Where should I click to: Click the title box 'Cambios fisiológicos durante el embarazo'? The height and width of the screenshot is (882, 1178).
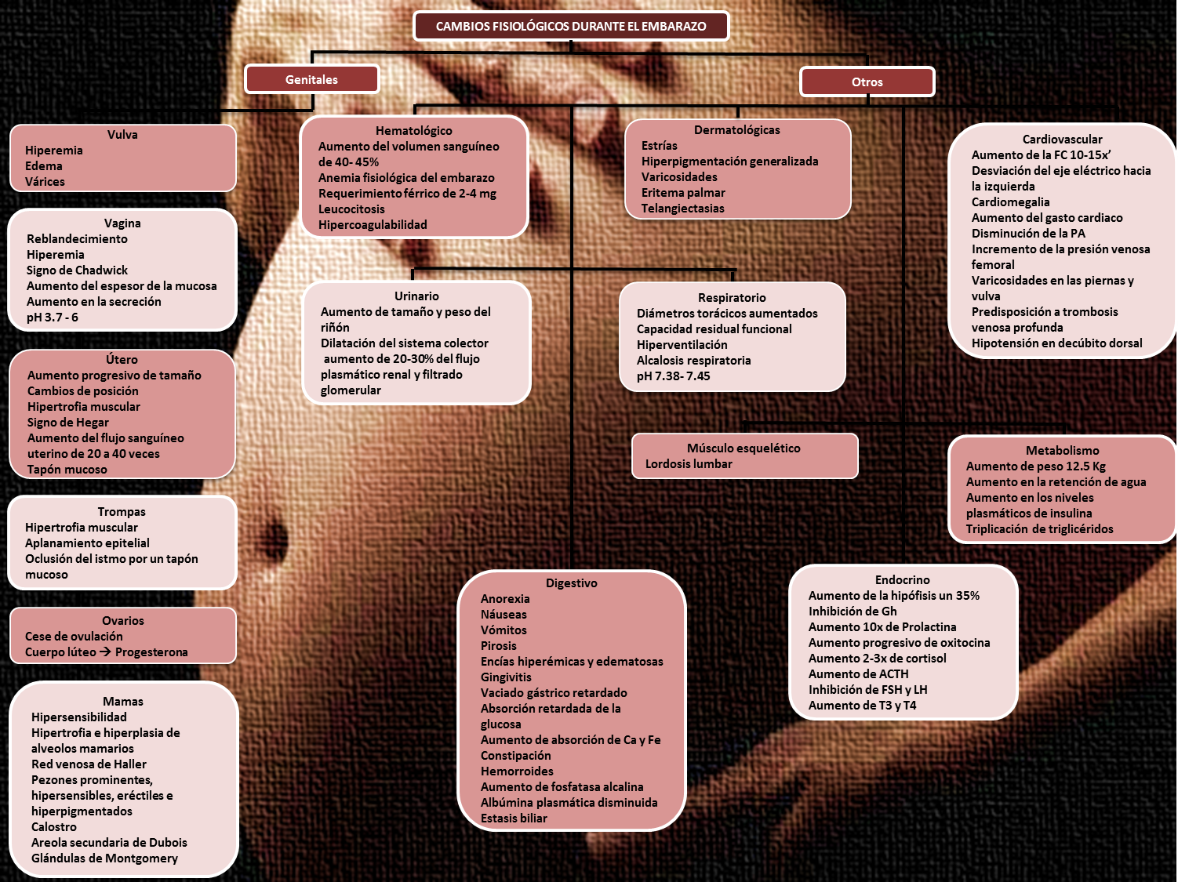pos(571,27)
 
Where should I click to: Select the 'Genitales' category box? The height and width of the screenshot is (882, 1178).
pos(312,79)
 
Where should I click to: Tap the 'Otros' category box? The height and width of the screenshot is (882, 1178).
pos(867,82)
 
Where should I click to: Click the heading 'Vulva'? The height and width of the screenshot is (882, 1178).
pos(122,135)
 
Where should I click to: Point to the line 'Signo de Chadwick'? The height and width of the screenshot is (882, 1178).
pos(78,270)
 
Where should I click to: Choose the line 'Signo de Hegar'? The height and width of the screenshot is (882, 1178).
pos(68,423)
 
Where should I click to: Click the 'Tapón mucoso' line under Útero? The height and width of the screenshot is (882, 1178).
pos(67,470)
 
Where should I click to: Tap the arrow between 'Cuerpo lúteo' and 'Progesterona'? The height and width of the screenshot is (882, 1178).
pos(105,652)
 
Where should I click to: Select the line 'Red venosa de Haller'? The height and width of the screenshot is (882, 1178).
pos(89,764)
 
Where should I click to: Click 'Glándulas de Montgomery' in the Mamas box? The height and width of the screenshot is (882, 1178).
pos(104,858)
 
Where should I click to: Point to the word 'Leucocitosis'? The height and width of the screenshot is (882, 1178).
pos(351,209)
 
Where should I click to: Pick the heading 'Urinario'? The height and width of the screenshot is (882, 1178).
pos(416,296)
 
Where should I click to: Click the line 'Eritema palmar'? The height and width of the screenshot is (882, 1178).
pos(683,193)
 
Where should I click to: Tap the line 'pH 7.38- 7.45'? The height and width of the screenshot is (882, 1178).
pos(673,376)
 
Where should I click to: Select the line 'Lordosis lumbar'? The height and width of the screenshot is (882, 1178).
pos(689,463)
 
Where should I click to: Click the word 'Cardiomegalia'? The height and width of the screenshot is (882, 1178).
pos(1011,201)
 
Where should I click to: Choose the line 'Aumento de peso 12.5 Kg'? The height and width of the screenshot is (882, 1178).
pos(1036,466)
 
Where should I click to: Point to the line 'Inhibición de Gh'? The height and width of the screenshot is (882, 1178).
pos(853,611)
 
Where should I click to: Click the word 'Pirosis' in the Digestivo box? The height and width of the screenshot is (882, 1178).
pos(499,645)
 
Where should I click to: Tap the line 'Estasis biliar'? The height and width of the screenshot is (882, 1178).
pos(514,818)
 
